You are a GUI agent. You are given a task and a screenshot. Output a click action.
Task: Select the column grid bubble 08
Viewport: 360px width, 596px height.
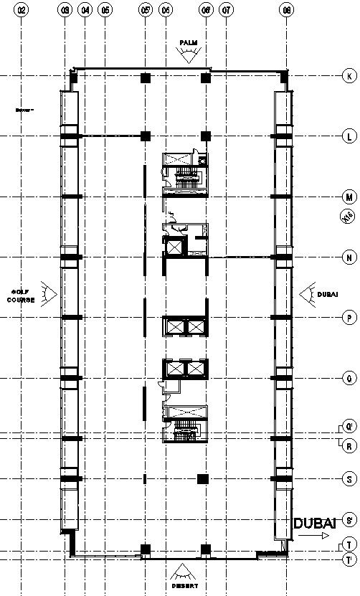[x=287, y=11]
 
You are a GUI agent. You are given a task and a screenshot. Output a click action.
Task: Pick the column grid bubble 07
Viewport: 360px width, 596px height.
[x=227, y=11]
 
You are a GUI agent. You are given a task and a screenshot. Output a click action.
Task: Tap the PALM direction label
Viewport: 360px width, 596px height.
[x=188, y=44]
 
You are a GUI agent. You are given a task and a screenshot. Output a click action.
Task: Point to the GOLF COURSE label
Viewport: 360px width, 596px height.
[x=22, y=295]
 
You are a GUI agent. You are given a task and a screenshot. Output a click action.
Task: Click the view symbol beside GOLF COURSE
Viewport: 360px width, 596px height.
[x=49, y=293]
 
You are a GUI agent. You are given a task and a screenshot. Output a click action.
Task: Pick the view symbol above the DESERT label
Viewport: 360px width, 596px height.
[x=185, y=572]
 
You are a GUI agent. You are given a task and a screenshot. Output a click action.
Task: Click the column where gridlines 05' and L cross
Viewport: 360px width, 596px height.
[x=146, y=136]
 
